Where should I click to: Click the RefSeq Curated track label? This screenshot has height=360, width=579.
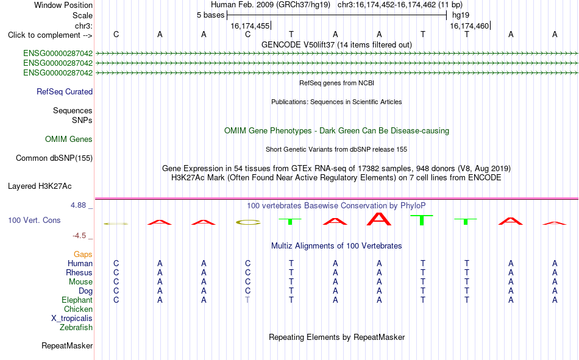[65, 91]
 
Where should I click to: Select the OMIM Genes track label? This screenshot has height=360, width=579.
[69, 139]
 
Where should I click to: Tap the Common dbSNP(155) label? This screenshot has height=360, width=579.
[54, 158]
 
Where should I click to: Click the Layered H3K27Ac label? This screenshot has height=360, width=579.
[40, 186]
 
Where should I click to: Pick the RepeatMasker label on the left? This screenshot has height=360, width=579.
[67, 345]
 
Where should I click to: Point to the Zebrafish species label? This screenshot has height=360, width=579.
[76, 327]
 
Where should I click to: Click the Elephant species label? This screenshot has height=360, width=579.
[77, 300]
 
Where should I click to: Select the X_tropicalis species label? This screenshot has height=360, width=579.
[72, 319]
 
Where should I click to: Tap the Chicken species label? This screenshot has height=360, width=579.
[78, 309]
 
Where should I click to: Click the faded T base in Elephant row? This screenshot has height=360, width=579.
[247, 300]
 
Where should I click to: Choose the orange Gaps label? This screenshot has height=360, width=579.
[83, 254]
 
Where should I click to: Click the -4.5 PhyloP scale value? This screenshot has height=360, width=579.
[79, 236]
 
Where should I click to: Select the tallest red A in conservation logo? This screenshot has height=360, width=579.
[379, 219]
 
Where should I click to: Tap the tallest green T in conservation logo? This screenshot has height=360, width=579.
[422, 220]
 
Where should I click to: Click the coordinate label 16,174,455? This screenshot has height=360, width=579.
[250, 26]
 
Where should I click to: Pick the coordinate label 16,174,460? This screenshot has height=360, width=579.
[469, 26]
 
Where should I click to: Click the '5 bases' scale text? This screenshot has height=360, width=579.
[210, 15]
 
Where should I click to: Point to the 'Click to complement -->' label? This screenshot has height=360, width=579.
[50, 35]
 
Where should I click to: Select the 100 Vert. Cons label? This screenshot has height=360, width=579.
[34, 220]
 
